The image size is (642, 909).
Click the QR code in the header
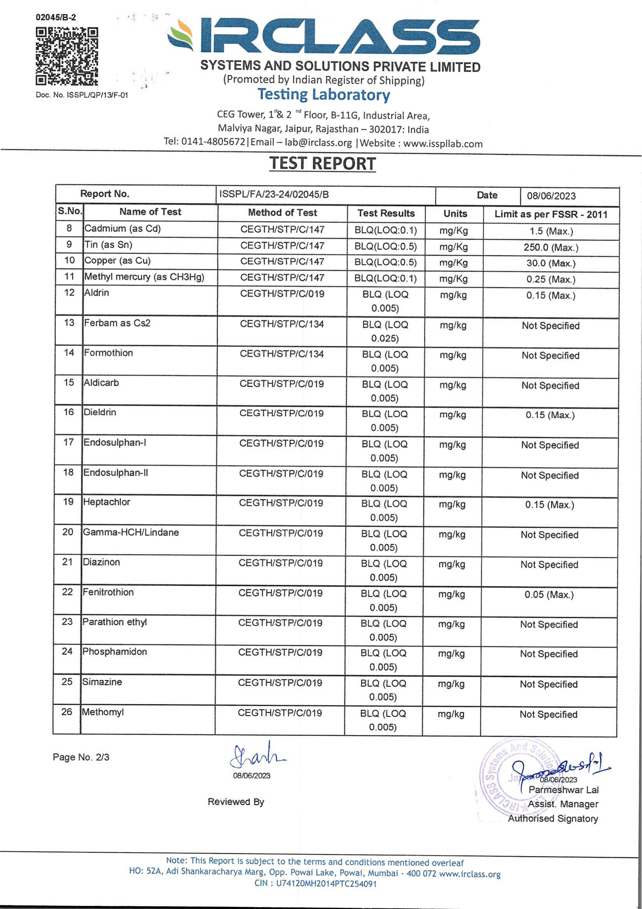[x=67, y=56]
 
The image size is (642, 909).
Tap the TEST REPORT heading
[x=323, y=164]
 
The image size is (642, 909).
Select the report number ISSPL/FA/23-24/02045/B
[x=274, y=195]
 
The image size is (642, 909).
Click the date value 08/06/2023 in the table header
[x=551, y=196]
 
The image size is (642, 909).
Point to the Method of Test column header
[x=282, y=213]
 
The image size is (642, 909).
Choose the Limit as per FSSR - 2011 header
[x=550, y=214]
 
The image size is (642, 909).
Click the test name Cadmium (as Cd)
[x=123, y=229]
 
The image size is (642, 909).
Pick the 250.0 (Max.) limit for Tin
[x=551, y=247]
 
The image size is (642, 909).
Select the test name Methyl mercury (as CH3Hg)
[x=144, y=278]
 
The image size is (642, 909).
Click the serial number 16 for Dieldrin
[x=68, y=412]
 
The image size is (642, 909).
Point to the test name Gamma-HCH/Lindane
[x=131, y=532]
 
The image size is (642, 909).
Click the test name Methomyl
[x=103, y=712]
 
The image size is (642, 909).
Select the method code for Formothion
[x=282, y=354]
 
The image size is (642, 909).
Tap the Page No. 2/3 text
[x=81, y=757]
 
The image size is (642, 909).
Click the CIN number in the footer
[x=315, y=884]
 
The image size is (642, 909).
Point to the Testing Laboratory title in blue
[x=323, y=95]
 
